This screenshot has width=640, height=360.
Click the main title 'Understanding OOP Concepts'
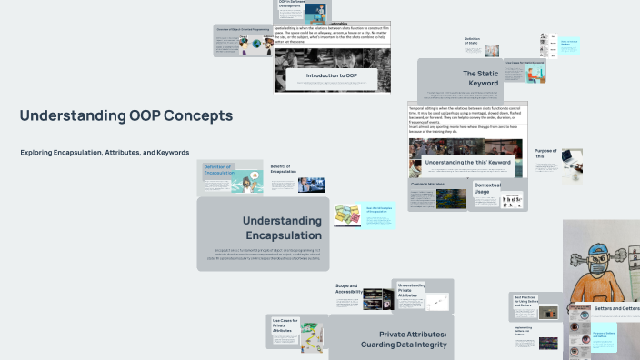[x=126, y=116]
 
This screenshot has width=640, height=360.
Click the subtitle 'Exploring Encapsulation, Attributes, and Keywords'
[x=105, y=152]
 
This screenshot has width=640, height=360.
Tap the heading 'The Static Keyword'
[x=480, y=78]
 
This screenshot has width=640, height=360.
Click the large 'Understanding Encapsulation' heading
[x=282, y=228]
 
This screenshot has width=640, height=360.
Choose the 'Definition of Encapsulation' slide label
[x=217, y=168]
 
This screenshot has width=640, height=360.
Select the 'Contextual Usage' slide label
[x=487, y=188]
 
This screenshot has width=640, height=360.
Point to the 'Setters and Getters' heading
[x=616, y=309]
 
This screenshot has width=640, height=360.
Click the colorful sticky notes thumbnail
[x=347, y=215]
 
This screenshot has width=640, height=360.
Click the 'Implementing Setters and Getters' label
[x=524, y=331]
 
